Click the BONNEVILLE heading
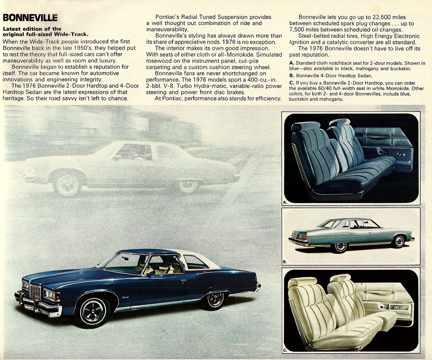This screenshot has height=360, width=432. (x=30, y=17)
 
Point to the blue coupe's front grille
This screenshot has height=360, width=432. (x=35, y=291)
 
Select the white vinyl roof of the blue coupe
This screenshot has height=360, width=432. (x=204, y=258)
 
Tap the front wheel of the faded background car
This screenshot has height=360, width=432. (x=67, y=184)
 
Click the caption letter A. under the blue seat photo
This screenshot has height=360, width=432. (x=285, y=202)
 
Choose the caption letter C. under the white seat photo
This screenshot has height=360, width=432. (x=285, y=350)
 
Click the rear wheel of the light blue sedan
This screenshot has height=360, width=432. (x=340, y=247)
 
